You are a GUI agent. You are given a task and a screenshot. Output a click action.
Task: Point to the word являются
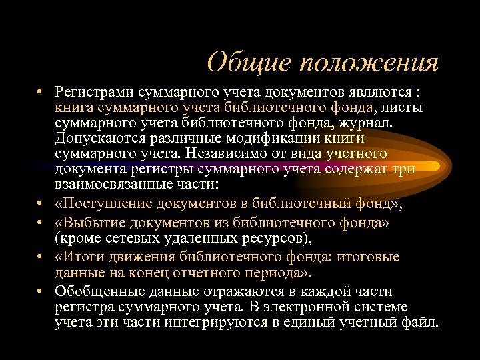[x=377, y=92]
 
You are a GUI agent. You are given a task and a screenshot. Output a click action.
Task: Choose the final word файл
[x=422, y=323]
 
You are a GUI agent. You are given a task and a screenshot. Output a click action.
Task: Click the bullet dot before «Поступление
[x=41, y=203]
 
